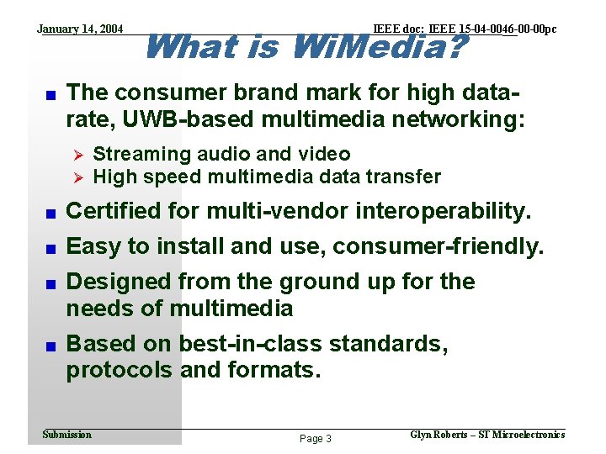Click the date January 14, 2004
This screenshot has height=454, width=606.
point(80,29)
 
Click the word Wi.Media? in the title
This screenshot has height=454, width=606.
point(378,46)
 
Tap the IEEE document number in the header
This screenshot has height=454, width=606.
point(464,29)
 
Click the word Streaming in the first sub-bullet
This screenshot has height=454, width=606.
point(141,154)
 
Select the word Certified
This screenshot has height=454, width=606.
point(114,211)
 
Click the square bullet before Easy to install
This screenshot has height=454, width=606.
point(50,248)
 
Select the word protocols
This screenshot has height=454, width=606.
point(115,370)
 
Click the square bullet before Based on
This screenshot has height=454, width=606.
point(50,346)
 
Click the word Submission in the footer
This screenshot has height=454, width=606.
point(66,435)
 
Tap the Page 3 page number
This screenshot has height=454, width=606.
point(316,439)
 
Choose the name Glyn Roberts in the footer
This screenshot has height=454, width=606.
point(440,435)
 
